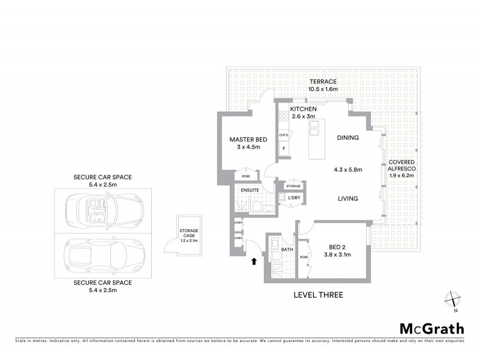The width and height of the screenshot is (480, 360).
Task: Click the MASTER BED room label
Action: coord(243,140)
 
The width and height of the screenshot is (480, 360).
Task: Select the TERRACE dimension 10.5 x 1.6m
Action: coord(322,89)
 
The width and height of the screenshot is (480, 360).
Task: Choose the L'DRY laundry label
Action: coord(293,197)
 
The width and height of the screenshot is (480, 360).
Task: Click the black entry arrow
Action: coord(253,260)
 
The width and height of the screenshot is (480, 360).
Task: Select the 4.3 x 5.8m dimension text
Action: coord(347,169)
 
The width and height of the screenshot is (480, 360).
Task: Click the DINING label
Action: coord(348,137)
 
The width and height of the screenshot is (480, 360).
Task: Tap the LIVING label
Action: coord(347,199)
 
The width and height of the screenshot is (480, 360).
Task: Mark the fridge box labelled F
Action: coord(283,147)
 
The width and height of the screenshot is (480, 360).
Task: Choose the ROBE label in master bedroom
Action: coord(246,176)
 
